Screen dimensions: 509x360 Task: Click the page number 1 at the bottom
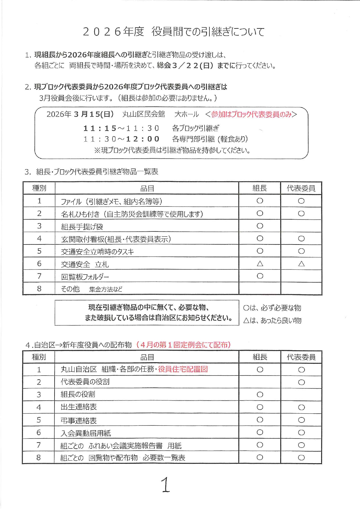165,485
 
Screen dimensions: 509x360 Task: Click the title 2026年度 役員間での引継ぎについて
173,32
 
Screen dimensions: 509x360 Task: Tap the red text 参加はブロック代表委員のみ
251,114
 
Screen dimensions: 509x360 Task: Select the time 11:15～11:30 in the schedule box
121,128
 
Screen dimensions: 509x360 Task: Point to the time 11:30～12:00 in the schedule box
121,139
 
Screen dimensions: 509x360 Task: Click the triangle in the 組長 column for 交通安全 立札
260,264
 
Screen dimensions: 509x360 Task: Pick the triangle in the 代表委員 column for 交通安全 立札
301,264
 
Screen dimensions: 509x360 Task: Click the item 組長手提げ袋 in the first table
82,227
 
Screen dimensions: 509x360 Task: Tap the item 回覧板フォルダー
85,277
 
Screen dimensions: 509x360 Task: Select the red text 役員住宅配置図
183,369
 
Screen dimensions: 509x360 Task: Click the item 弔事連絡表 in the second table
79,420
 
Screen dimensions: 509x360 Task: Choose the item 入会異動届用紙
86,433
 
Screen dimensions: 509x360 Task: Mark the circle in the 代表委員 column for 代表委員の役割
301,382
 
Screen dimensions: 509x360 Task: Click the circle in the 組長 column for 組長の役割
260,395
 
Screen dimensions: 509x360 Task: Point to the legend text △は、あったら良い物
272,320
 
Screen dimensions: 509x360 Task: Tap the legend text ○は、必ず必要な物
272,308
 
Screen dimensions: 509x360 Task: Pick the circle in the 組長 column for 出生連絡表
260,407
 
